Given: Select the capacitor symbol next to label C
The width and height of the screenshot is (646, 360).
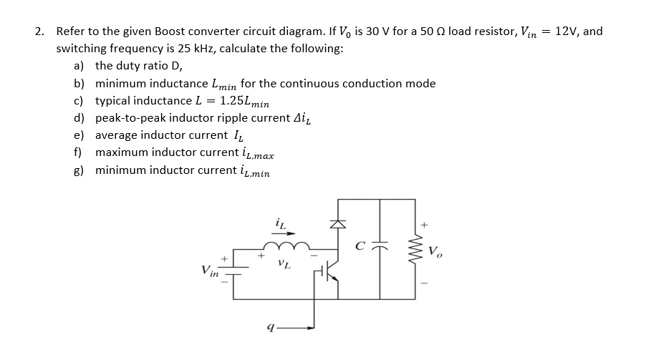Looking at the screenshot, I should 380,250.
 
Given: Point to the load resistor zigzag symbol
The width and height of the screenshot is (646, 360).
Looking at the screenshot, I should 414,250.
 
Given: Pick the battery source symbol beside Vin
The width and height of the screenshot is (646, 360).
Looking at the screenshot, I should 227,269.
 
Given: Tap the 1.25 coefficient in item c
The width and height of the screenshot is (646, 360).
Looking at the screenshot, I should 233,100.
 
